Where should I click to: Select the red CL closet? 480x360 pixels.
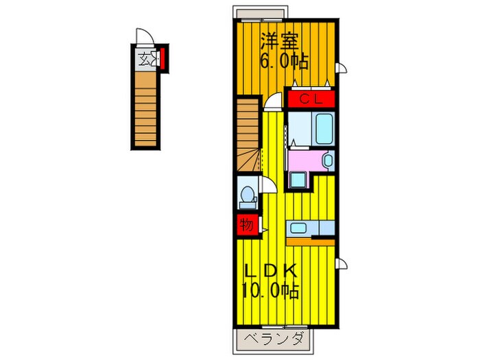pos(310,99)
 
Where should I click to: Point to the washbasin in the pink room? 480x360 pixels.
pos(327,162)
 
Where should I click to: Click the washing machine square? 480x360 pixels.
pos(298,180)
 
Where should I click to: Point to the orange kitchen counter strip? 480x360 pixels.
pos(310,241)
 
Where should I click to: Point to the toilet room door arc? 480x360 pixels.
pos(269,184)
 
